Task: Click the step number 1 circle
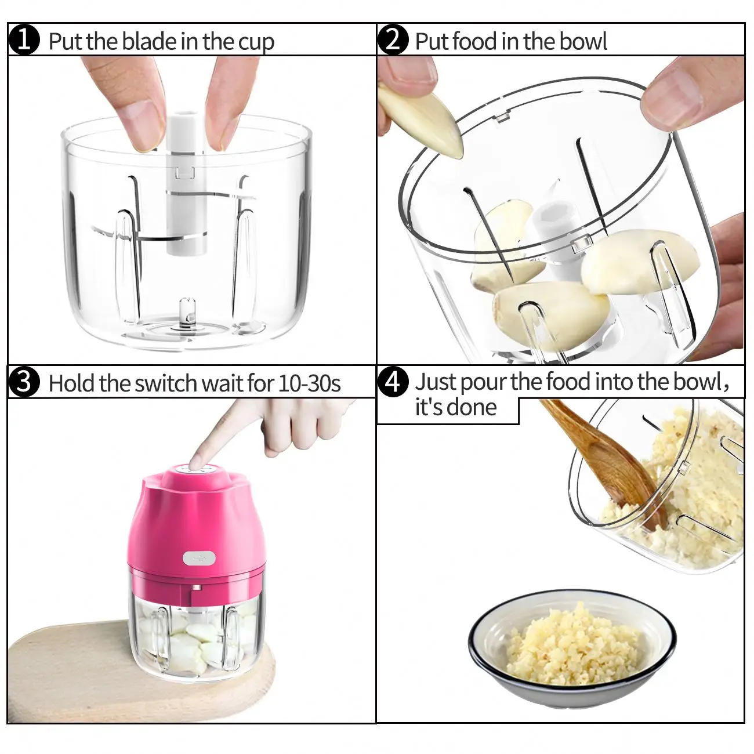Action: point(24,41)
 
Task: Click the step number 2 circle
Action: point(393,41)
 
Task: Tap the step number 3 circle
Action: point(24,383)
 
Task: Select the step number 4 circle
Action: point(393,382)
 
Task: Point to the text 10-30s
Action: point(309,383)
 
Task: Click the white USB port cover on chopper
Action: point(199,558)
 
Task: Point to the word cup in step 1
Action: point(255,42)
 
